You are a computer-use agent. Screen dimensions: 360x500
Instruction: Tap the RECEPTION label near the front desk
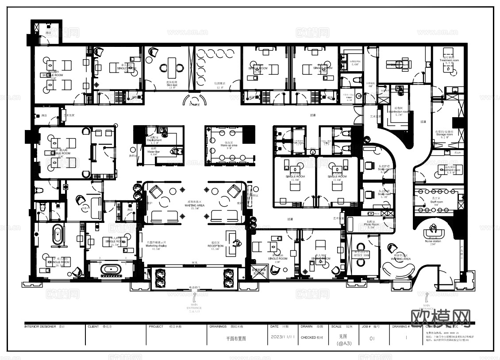click(215, 246)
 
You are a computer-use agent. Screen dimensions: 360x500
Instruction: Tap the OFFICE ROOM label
click(361, 256)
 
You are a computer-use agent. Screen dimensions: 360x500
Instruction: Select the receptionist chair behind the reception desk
click(237, 243)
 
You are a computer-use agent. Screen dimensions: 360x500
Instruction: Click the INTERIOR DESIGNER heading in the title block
click(40, 326)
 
